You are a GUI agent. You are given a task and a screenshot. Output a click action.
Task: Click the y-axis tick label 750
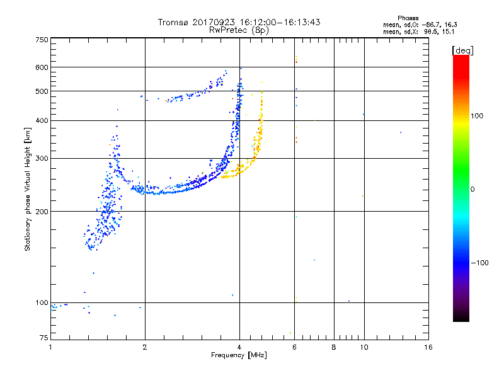click(42, 39)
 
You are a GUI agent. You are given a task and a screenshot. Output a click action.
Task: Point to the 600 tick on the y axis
click(42, 67)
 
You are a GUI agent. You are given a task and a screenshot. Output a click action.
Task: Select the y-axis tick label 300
click(42, 158)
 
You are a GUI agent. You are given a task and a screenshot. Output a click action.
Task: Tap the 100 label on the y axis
click(42, 302)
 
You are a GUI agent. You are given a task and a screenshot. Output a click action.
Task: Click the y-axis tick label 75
click(43, 338)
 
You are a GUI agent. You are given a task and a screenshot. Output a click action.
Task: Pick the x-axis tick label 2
click(145, 347)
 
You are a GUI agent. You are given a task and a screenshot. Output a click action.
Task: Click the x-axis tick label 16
click(428, 347)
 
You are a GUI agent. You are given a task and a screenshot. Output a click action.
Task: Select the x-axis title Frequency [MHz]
click(239, 356)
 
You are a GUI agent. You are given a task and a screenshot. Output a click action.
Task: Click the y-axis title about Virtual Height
click(28, 189)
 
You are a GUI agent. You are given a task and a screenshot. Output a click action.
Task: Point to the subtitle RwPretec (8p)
click(239, 30)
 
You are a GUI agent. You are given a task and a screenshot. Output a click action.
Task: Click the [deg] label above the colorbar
click(463, 50)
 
